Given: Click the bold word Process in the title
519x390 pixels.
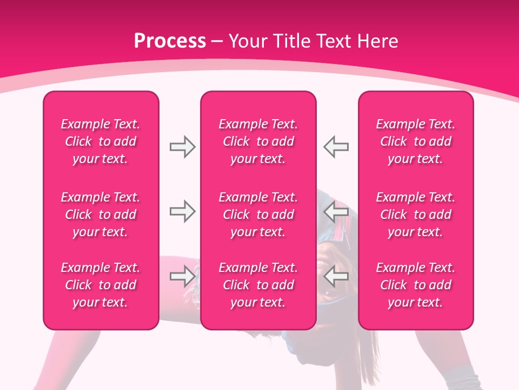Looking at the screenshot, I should [x=170, y=41].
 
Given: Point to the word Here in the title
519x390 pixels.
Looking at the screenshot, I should [x=377, y=41].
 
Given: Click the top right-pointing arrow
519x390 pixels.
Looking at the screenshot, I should [x=182, y=147].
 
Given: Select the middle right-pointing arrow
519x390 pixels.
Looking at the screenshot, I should [x=182, y=211].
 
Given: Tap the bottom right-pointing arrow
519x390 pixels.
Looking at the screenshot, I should [x=182, y=276].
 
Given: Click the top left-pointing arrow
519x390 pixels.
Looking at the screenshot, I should [x=336, y=147].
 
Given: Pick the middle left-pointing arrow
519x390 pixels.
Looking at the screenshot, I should [x=336, y=211].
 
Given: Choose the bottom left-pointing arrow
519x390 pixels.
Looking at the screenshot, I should [x=336, y=276].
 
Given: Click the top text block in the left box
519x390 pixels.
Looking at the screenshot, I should [x=101, y=141].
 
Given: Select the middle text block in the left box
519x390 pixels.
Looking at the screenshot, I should [x=101, y=214].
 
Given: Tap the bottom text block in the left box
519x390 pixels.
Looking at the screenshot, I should [x=101, y=285].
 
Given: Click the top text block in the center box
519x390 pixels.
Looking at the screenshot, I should [x=258, y=141].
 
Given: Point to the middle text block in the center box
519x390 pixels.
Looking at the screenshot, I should [x=258, y=214].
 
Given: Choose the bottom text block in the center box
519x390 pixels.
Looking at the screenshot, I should [x=258, y=285].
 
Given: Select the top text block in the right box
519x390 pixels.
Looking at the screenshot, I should [x=416, y=141].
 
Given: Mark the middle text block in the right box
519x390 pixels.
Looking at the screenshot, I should [x=416, y=214].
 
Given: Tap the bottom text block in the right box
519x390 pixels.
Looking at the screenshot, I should [x=416, y=285].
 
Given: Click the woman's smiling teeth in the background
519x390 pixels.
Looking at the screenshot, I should [x=323, y=265].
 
